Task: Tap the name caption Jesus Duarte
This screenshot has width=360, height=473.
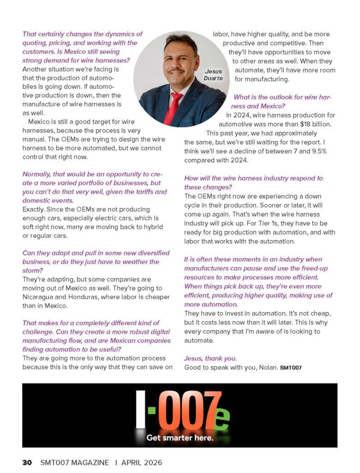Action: (x=213, y=75)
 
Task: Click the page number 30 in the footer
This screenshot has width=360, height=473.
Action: (x=27, y=462)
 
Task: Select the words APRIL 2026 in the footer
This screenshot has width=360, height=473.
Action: (x=142, y=462)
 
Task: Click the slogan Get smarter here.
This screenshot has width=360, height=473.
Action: (x=180, y=437)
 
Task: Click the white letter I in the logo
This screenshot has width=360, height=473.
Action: (x=140, y=409)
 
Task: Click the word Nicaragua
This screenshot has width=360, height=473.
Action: (x=40, y=297)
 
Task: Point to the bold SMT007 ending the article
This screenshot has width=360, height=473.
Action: (x=291, y=368)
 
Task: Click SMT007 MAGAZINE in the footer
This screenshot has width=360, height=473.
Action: (x=75, y=462)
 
